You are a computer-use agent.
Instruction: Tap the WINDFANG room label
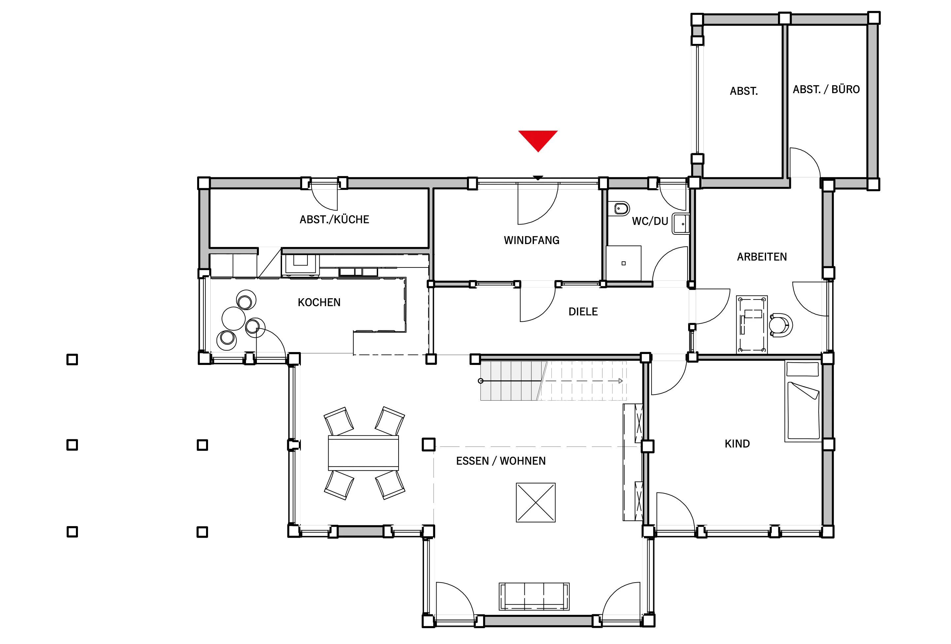click(x=532, y=240)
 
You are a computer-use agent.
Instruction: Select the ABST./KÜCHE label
click(x=334, y=219)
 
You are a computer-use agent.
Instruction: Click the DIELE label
click(x=583, y=312)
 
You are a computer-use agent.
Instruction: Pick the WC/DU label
click(x=650, y=221)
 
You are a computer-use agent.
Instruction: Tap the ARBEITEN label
click(x=762, y=257)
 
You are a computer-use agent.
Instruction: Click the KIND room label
click(x=737, y=444)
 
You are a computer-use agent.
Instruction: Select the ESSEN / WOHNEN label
click(x=501, y=461)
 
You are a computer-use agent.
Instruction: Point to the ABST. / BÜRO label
click(x=826, y=89)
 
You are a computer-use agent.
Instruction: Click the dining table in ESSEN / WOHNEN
click(x=363, y=453)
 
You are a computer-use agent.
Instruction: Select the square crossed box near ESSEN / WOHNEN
click(x=536, y=502)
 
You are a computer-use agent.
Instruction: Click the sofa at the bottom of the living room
click(x=534, y=596)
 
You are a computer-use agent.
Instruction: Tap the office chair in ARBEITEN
click(x=781, y=325)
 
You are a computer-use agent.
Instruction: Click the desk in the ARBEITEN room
click(x=752, y=324)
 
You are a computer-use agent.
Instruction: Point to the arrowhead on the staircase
click(x=620, y=381)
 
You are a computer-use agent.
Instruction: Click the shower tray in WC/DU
click(x=624, y=263)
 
